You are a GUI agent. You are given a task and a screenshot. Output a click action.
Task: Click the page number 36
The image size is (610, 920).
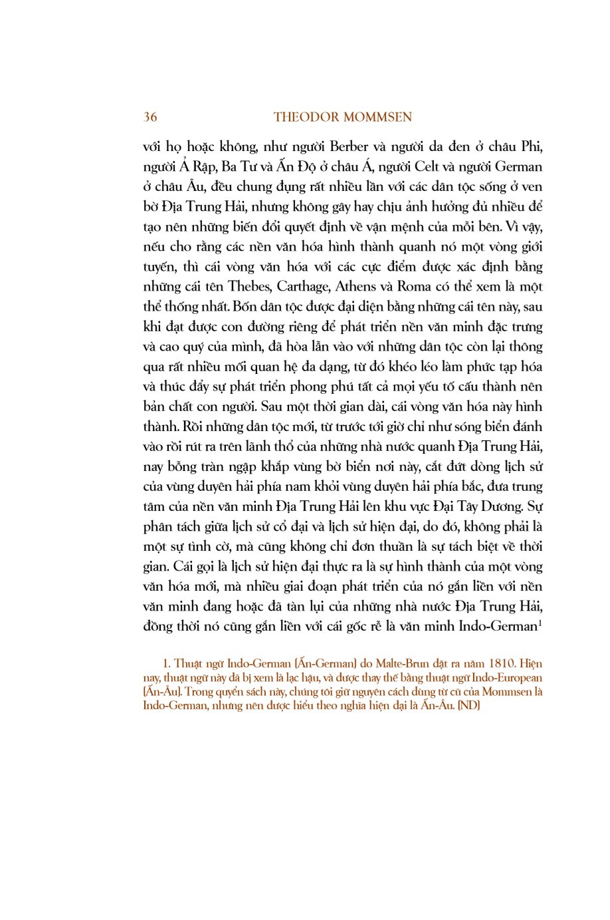click(x=150, y=117)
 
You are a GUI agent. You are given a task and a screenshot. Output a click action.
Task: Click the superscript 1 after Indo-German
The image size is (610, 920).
click(x=540, y=623)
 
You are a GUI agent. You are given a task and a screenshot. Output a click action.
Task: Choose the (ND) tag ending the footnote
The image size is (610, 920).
click(x=468, y=705)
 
